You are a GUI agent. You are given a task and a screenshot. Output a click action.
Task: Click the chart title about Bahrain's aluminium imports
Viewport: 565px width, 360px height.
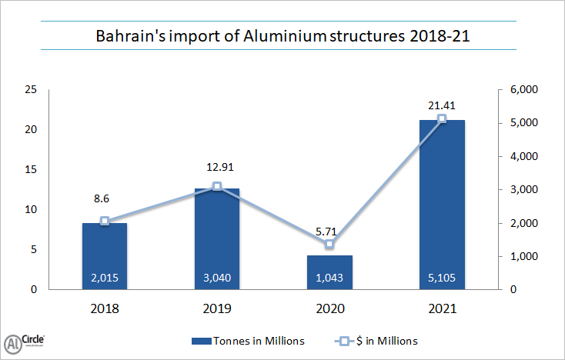[x=282, y=36]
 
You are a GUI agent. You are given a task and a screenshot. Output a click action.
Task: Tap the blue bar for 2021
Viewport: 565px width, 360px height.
[x=442, y=205]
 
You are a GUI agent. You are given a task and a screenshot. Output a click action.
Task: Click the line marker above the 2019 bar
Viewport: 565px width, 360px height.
[x=217, y=186]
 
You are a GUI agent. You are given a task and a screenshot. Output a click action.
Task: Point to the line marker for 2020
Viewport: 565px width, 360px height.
[x=329, y=244]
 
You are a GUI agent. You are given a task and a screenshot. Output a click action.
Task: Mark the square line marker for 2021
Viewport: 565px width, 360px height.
[x=442, y=118]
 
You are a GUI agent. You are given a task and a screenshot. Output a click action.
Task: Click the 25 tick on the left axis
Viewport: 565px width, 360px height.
[x=31, y=90]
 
